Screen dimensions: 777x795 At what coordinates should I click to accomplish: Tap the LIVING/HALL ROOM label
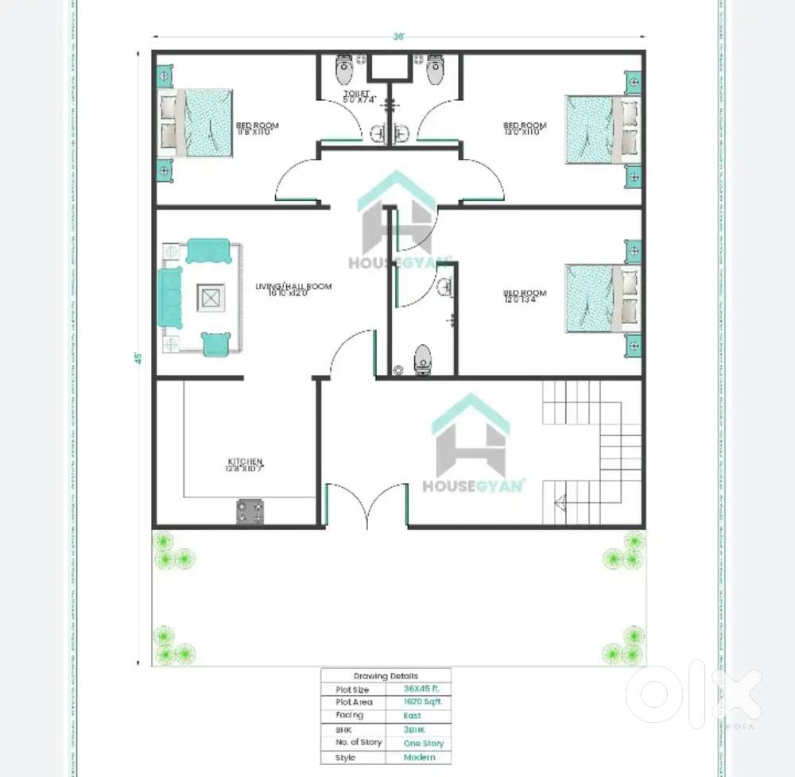point(293,289)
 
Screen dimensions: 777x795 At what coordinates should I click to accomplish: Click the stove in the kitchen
point(250,511)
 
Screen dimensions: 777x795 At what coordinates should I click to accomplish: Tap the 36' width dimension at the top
point(398,37)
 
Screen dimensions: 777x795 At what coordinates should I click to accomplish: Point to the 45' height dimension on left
point(138,358)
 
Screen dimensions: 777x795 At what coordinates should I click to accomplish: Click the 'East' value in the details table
point(413,716)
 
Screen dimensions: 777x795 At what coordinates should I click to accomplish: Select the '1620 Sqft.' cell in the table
point(424,702)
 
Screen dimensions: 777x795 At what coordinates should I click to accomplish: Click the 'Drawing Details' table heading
point(385,675)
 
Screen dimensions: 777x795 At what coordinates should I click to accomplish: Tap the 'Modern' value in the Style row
point(420,757)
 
